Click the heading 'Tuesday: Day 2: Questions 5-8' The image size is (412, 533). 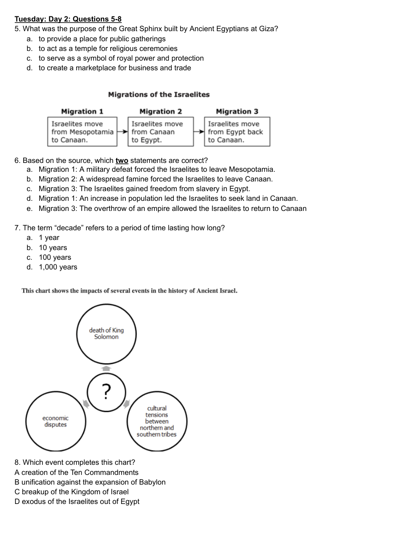tap(68, 19)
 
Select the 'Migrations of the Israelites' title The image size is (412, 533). tap(159, 95)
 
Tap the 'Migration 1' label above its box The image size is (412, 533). tap(82, 112)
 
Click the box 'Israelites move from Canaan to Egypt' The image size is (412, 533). tap(160, 132)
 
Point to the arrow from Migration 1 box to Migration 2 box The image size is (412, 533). tap(122, 132)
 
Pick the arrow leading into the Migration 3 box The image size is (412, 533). tap(199, 132)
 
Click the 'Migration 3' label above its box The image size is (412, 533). tap(237, 112)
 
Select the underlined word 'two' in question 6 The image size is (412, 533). tap(122, 161)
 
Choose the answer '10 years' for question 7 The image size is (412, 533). tap(53, 248)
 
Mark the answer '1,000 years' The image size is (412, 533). tap(58, 267)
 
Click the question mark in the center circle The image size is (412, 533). tap(106, 392)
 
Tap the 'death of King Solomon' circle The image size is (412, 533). tap(106, 334)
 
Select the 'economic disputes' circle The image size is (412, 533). tap(56, 421)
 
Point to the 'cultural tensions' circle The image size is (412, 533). tap(157, 421)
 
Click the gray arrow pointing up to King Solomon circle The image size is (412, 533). tap(106, 369)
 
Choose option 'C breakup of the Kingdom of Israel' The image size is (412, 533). tap(72, 492)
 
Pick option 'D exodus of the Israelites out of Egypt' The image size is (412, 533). tap(77, 502)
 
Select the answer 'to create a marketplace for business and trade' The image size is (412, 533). tap(115, 68)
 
